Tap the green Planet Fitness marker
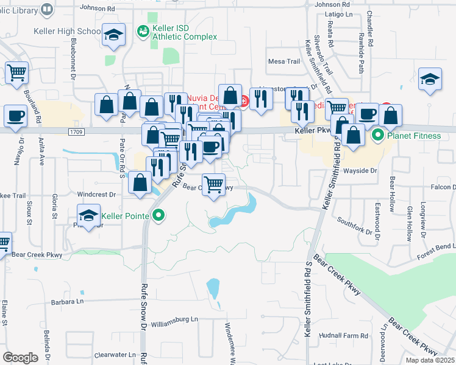coord(378,135)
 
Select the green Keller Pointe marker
coord(160,215)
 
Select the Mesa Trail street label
coord(284,61)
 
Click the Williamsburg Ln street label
coord(175,319)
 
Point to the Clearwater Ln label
coord(115,354)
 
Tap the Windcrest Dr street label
coord(96,195)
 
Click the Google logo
coord(20,358)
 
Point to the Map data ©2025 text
coord(430,360)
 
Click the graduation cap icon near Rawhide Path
coord(430,79)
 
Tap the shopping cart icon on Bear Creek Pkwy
coord(213,184)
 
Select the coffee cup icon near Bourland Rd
coord(15,114)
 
